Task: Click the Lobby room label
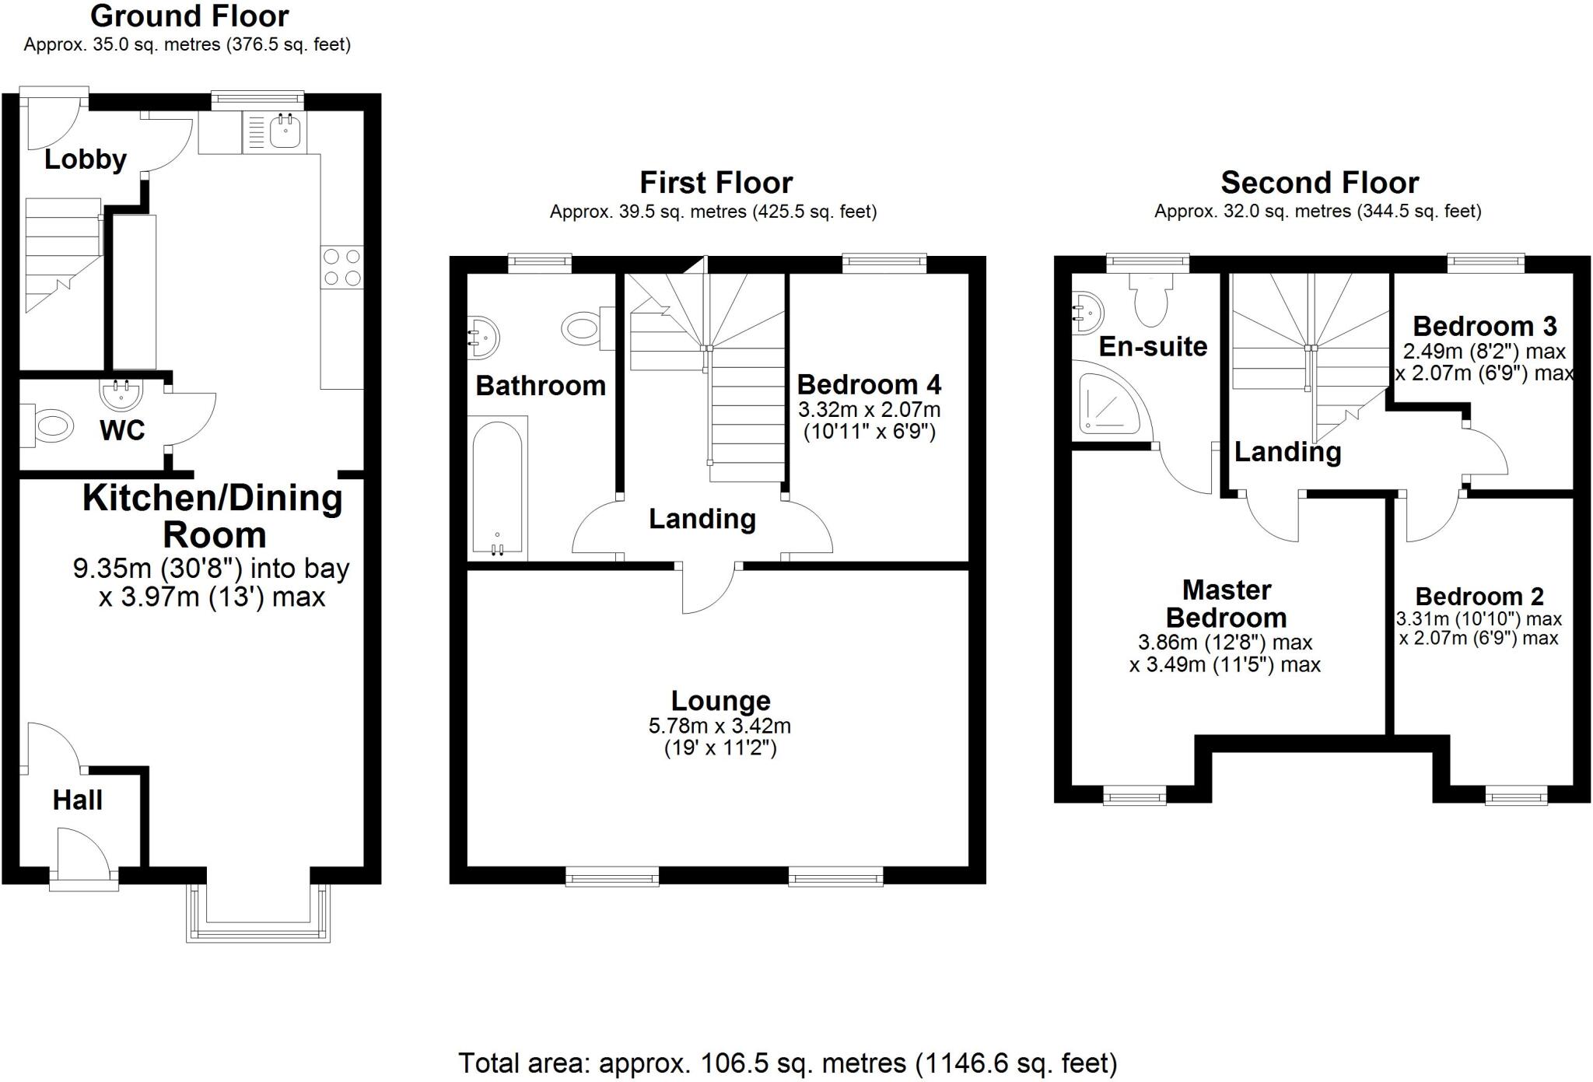[x=85, y=159]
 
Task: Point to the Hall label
[x=77, y=800]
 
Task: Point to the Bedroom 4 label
[x=869, y=384]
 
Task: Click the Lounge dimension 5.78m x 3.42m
[x=719, y=726]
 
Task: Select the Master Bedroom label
[x=1227, y=604]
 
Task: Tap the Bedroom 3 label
[x=1484, y=326]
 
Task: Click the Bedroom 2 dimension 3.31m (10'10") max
[x=1479, y=619]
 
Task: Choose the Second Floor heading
[x=1319, y=183]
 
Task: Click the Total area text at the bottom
[x=786, y=1063]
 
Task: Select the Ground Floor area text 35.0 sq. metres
[x=187, y=44]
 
